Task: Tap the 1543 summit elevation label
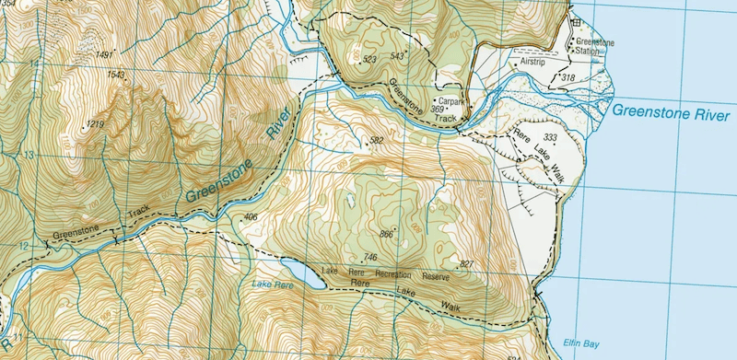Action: (116, 75)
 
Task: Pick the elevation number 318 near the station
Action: (567, 78)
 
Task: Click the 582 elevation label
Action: (376, 141)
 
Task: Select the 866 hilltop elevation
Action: (386, 235)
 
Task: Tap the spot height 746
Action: (371, 257)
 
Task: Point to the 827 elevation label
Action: (466, 264)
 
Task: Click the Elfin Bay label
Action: (581, 343)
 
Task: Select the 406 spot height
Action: (250, 217)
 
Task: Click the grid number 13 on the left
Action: (33, 156)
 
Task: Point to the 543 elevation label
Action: (398, 56)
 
